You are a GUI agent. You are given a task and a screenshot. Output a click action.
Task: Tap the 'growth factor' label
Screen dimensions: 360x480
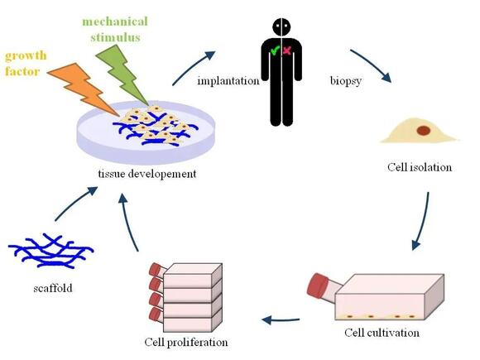coord(26,65)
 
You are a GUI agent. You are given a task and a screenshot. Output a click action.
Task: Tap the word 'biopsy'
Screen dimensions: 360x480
coord(341,80)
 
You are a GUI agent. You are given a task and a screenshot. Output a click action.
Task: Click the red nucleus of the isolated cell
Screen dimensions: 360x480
coord(424,130)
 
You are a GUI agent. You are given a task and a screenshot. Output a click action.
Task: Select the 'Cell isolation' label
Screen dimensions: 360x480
coord(420,167)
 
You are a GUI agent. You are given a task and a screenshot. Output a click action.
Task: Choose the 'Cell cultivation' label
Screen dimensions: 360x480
coord(382,333)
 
